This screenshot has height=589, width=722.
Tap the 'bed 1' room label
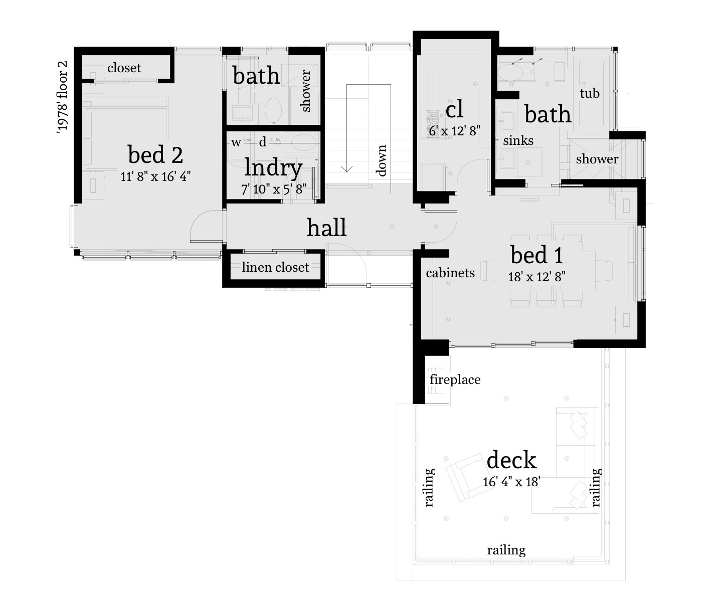[536, 255]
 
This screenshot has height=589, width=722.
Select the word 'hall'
[326, 228]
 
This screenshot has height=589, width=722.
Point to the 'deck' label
[511, 460]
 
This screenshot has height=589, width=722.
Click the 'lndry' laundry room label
[273, 168]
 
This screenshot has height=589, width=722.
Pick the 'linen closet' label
[275, 267]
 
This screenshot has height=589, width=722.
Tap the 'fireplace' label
[455, 379]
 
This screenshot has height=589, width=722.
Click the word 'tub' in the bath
[590, 93]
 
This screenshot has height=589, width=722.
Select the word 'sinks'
[518, 140]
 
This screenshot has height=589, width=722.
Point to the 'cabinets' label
[450, 273]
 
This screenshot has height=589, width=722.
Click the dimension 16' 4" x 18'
[511, 482]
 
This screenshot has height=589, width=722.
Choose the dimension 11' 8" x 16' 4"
[155, 176]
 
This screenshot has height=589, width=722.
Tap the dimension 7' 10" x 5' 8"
[273, 189]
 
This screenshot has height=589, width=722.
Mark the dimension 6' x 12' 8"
[455, 131]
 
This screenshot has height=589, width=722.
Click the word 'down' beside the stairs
[382, 160]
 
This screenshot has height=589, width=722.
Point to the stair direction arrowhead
[347, 168]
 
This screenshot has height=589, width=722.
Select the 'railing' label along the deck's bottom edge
[506, 550]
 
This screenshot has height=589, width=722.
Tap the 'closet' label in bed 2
[124, 68]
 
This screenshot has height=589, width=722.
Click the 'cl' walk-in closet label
[454, 109]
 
